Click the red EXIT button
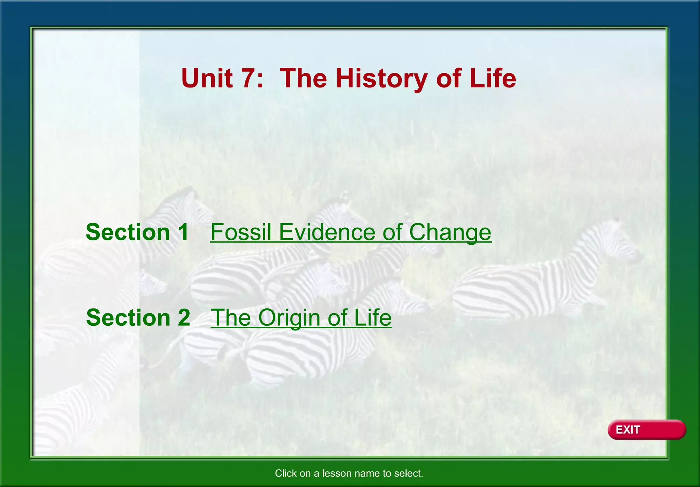point(646,430)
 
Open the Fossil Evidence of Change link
point(351,232)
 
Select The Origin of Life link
point(301,318)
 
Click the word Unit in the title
point(207,78)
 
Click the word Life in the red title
point(493,78)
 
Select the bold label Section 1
point(137,232)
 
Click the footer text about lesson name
point(349,473)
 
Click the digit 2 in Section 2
point(184,318)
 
